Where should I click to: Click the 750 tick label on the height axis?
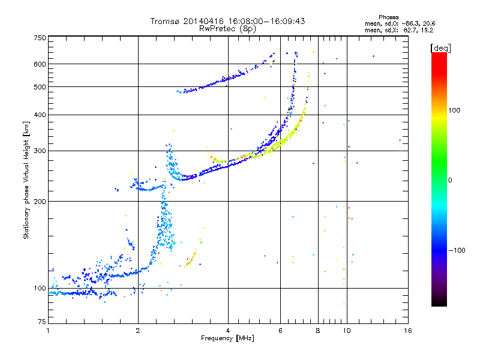pyautogui.click(x=39, y=37)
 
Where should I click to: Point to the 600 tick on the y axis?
pyautogui.click(x=39, y=64)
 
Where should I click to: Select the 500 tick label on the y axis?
pyautogui.click(x=39, y=86)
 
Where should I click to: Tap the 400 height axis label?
pyautogui.click(x=39, y=115)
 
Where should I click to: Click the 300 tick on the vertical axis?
pyautogui.click(x=39, y=151)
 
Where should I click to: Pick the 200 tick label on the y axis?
pyautogui.click(x=39, y=201)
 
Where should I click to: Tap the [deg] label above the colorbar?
pyautogui.click(x=440, y=47)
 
